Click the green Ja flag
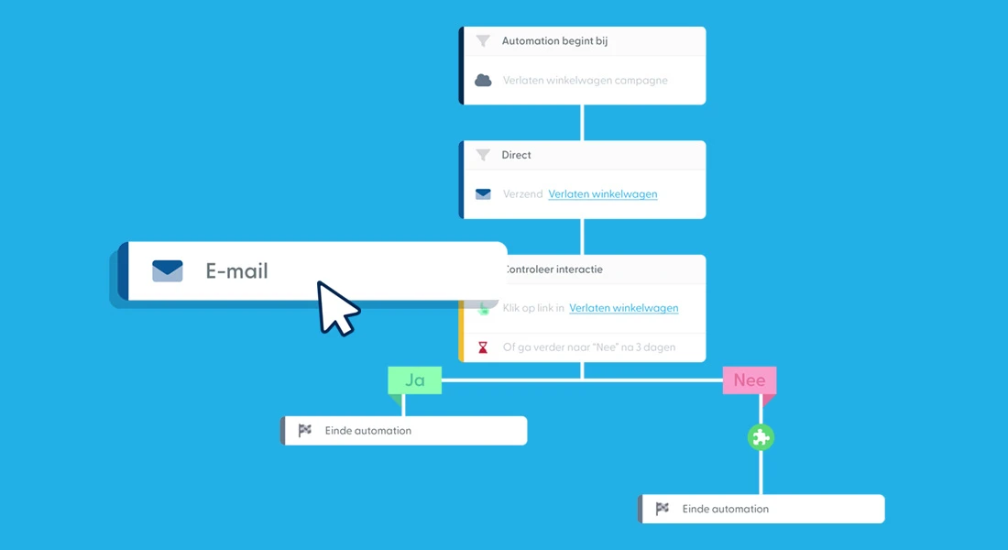(x=414, y=379)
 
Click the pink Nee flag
(x=749, y=379)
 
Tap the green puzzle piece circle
(x=761, y=437)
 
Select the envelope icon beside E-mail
(x=168, y=270)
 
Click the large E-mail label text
(x=236, y=271)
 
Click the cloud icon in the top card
(x=483, y=81)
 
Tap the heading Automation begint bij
(x=554, y=41)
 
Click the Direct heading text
(x=516, y=155)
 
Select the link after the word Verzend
(x=602, y=193)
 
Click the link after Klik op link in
(x=623, y=308)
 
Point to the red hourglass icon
(x=483, y=347)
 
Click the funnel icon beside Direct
(x=483, y=155)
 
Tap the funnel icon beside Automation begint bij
(x=483, y=41)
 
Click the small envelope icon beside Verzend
(x=483, y=193)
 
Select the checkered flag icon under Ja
(x=305, y=430)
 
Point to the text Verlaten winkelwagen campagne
(x=585, y=81)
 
